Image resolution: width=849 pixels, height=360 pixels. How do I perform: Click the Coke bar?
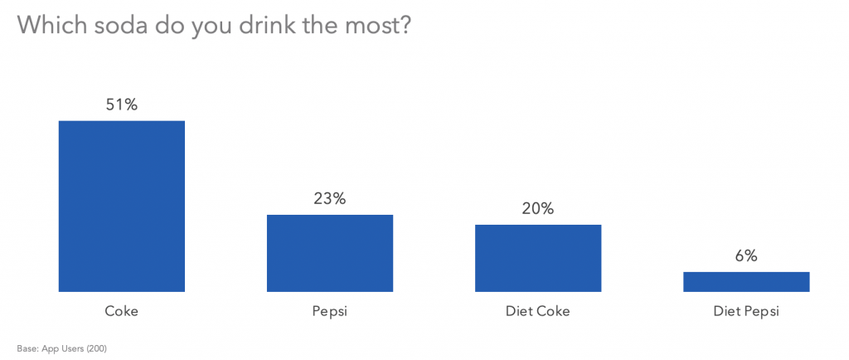(x=121, y=206)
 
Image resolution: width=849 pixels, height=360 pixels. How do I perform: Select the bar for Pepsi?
(x=329, y=253)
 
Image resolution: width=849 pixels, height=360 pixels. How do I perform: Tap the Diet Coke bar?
(x=537, y=258)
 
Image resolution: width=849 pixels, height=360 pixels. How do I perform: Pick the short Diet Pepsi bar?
(x=745, y=281)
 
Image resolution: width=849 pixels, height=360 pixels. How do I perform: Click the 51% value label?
(x=121, y=105)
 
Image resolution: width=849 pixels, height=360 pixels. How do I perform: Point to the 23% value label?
(x=329, y=198)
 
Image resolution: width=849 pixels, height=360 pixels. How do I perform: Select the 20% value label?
(x=537, y=208)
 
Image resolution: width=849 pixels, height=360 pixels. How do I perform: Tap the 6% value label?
(x=745, y=256)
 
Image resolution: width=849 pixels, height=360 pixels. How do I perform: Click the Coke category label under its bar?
(x=121, y=312)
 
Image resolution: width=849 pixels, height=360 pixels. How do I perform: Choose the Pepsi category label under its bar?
(x=329, y=312)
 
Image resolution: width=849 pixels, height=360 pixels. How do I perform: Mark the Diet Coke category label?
(x=537, y=312)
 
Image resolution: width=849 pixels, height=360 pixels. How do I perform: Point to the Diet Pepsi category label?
(x=745, y=313)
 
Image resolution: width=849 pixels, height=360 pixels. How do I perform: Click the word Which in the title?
(x=48, y=25)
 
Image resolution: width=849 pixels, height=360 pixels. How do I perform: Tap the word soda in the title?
(x=113, y=25)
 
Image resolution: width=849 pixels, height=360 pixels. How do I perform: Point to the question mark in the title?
(x=404, y=25)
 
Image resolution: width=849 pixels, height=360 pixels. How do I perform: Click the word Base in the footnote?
(x=26, y=348)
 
